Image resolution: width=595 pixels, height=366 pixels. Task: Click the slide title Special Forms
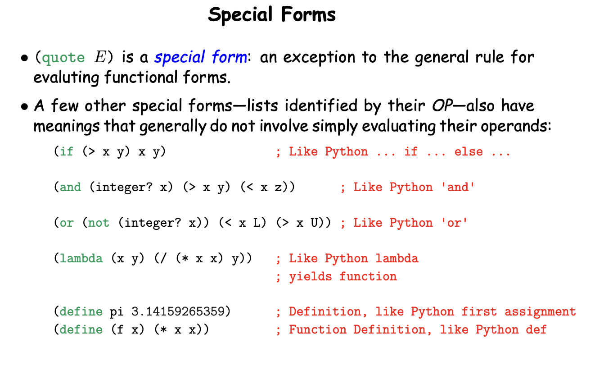pyautogui.click(x=272, y=15)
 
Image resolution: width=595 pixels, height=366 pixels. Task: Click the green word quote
pyautogui.click(x=63, y=57)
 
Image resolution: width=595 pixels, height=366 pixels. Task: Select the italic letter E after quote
pyautogui.click(x=100, y=57)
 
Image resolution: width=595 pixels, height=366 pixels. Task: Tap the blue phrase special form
pyautogui.click(x=201, y=57)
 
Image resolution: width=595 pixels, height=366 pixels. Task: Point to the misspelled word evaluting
pyautogui.click(x=66, y=78)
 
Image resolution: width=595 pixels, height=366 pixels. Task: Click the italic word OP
pyautogui.click(x=442, y=105)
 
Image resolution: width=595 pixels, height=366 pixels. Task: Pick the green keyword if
pyautogui.click(x=67, y=151)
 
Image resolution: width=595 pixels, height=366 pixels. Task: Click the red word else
pyautogui.click(x=469, y=151)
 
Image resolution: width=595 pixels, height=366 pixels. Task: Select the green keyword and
pyautogui.click(x=70, y=187)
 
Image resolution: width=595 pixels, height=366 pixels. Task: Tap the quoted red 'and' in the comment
pyautogui.click(x=458, y=187)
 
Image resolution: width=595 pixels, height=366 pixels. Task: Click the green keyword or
pyautogui.click(x=67, y=223)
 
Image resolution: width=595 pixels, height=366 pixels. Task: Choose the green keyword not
pyautogui.click(x=99, y=223)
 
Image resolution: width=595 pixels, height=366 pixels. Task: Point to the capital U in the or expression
pyautogui.click(x=314, y=223)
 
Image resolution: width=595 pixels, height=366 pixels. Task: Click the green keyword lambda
pyautogui.click(x=81, y=258)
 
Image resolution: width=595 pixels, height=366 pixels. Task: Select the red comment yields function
pyautogui.click(x=343, y=277)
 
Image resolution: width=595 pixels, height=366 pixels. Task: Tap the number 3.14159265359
pyautogui.click(x=178, y=311)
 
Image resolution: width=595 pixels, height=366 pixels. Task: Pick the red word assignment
pyautogui.click(x=540, y=312)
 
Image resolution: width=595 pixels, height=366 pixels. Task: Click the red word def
pyautogui.click(x=536, y=329)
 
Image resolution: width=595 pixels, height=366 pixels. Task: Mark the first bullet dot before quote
pyautogui.click(x=24, y=58)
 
